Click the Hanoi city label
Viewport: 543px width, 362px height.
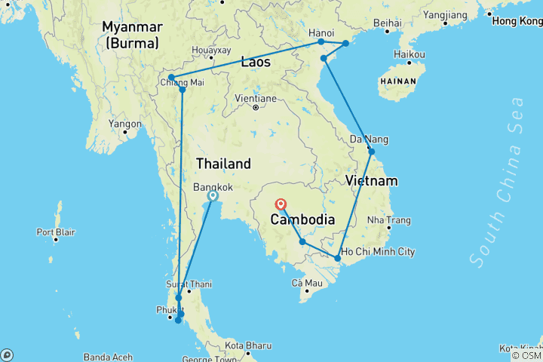pyautogui.click(x=321, y=32)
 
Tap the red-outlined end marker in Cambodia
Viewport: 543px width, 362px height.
pyautogui.click(x=281, y=204)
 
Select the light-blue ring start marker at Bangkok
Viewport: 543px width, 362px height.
pyautogui.click(x=213, y=196)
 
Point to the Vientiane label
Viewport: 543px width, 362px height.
pyautogui.click(x=256, y=98)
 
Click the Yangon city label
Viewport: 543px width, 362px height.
pyautogui.click(x=125, y=124)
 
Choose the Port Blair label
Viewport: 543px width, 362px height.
pyautogui.click(x=55, y=232)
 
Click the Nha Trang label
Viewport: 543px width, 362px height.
pyautogui.click(x=388, y=220)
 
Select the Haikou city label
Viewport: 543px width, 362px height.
pyautogui.click(x=410, y=54)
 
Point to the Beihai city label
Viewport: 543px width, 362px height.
pyautogui.click(x=386, y=23)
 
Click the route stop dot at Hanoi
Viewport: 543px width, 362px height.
pyautogui.click(x=321, y=42)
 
